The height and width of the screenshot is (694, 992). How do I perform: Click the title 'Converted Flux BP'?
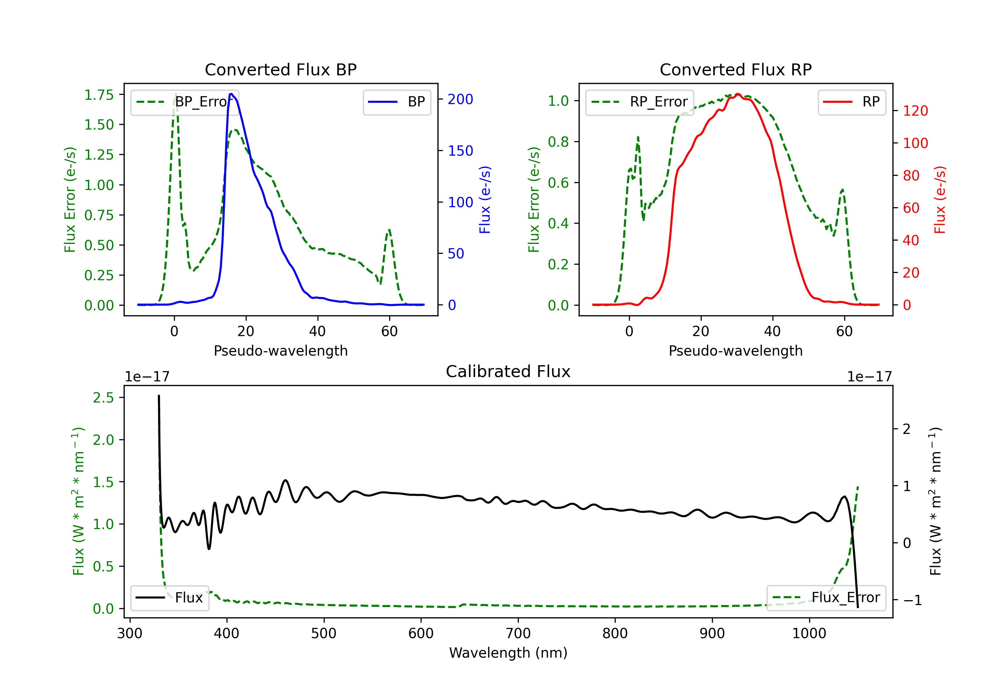[280, 69]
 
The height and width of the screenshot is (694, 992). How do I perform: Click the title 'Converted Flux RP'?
[735, 69]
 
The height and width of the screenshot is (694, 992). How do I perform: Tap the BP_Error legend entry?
[185, 102]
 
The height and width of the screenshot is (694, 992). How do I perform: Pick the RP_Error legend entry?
[640, 102]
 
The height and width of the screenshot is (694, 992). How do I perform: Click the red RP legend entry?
[851, 102]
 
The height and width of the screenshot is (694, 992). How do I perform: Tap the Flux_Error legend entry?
[826, 598]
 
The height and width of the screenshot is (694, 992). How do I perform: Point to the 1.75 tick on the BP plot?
[99, 95]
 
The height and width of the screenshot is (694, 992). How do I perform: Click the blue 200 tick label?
[460, 99]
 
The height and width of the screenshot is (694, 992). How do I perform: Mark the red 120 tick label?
[915, 111]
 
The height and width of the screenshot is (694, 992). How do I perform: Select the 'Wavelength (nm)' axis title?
[508, 653]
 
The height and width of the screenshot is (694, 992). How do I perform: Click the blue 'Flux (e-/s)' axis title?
[485, 200]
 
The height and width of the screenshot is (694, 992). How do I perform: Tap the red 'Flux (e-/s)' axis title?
[940, 200]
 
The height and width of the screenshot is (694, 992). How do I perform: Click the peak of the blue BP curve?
[231, 94]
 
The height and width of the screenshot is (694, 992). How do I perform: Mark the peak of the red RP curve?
[738, 94]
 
